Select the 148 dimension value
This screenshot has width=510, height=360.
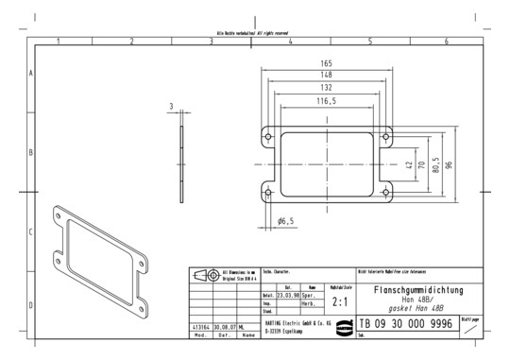pos(327,74)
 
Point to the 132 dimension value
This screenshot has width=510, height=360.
pos(327,87)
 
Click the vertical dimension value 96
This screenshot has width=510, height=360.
pos(450,164)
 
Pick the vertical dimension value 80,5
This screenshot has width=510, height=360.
pos(435,164)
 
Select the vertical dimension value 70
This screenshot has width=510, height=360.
pos(422,164)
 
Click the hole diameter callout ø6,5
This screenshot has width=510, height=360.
pos(286,220)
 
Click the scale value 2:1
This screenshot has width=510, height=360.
pos(340,303)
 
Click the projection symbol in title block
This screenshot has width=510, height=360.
pos(204,276)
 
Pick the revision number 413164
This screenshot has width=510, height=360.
pos(200,325)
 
